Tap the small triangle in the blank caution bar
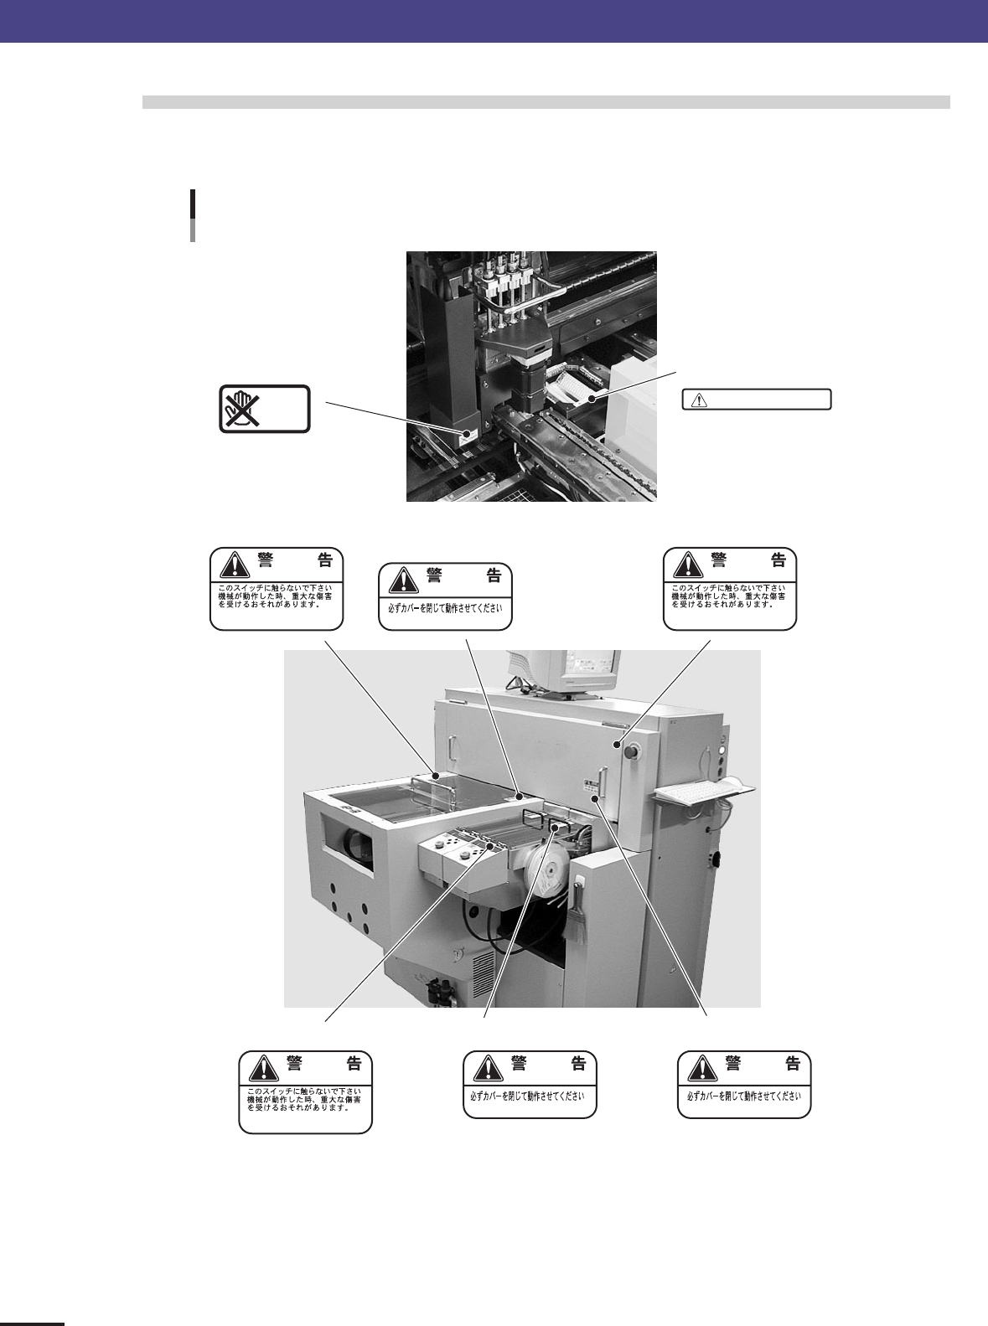[x=695, y=400]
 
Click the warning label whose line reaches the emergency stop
[x=729, y=588]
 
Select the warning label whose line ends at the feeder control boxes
[x=305, y=1091]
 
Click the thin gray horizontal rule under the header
[x=546, y=102]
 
